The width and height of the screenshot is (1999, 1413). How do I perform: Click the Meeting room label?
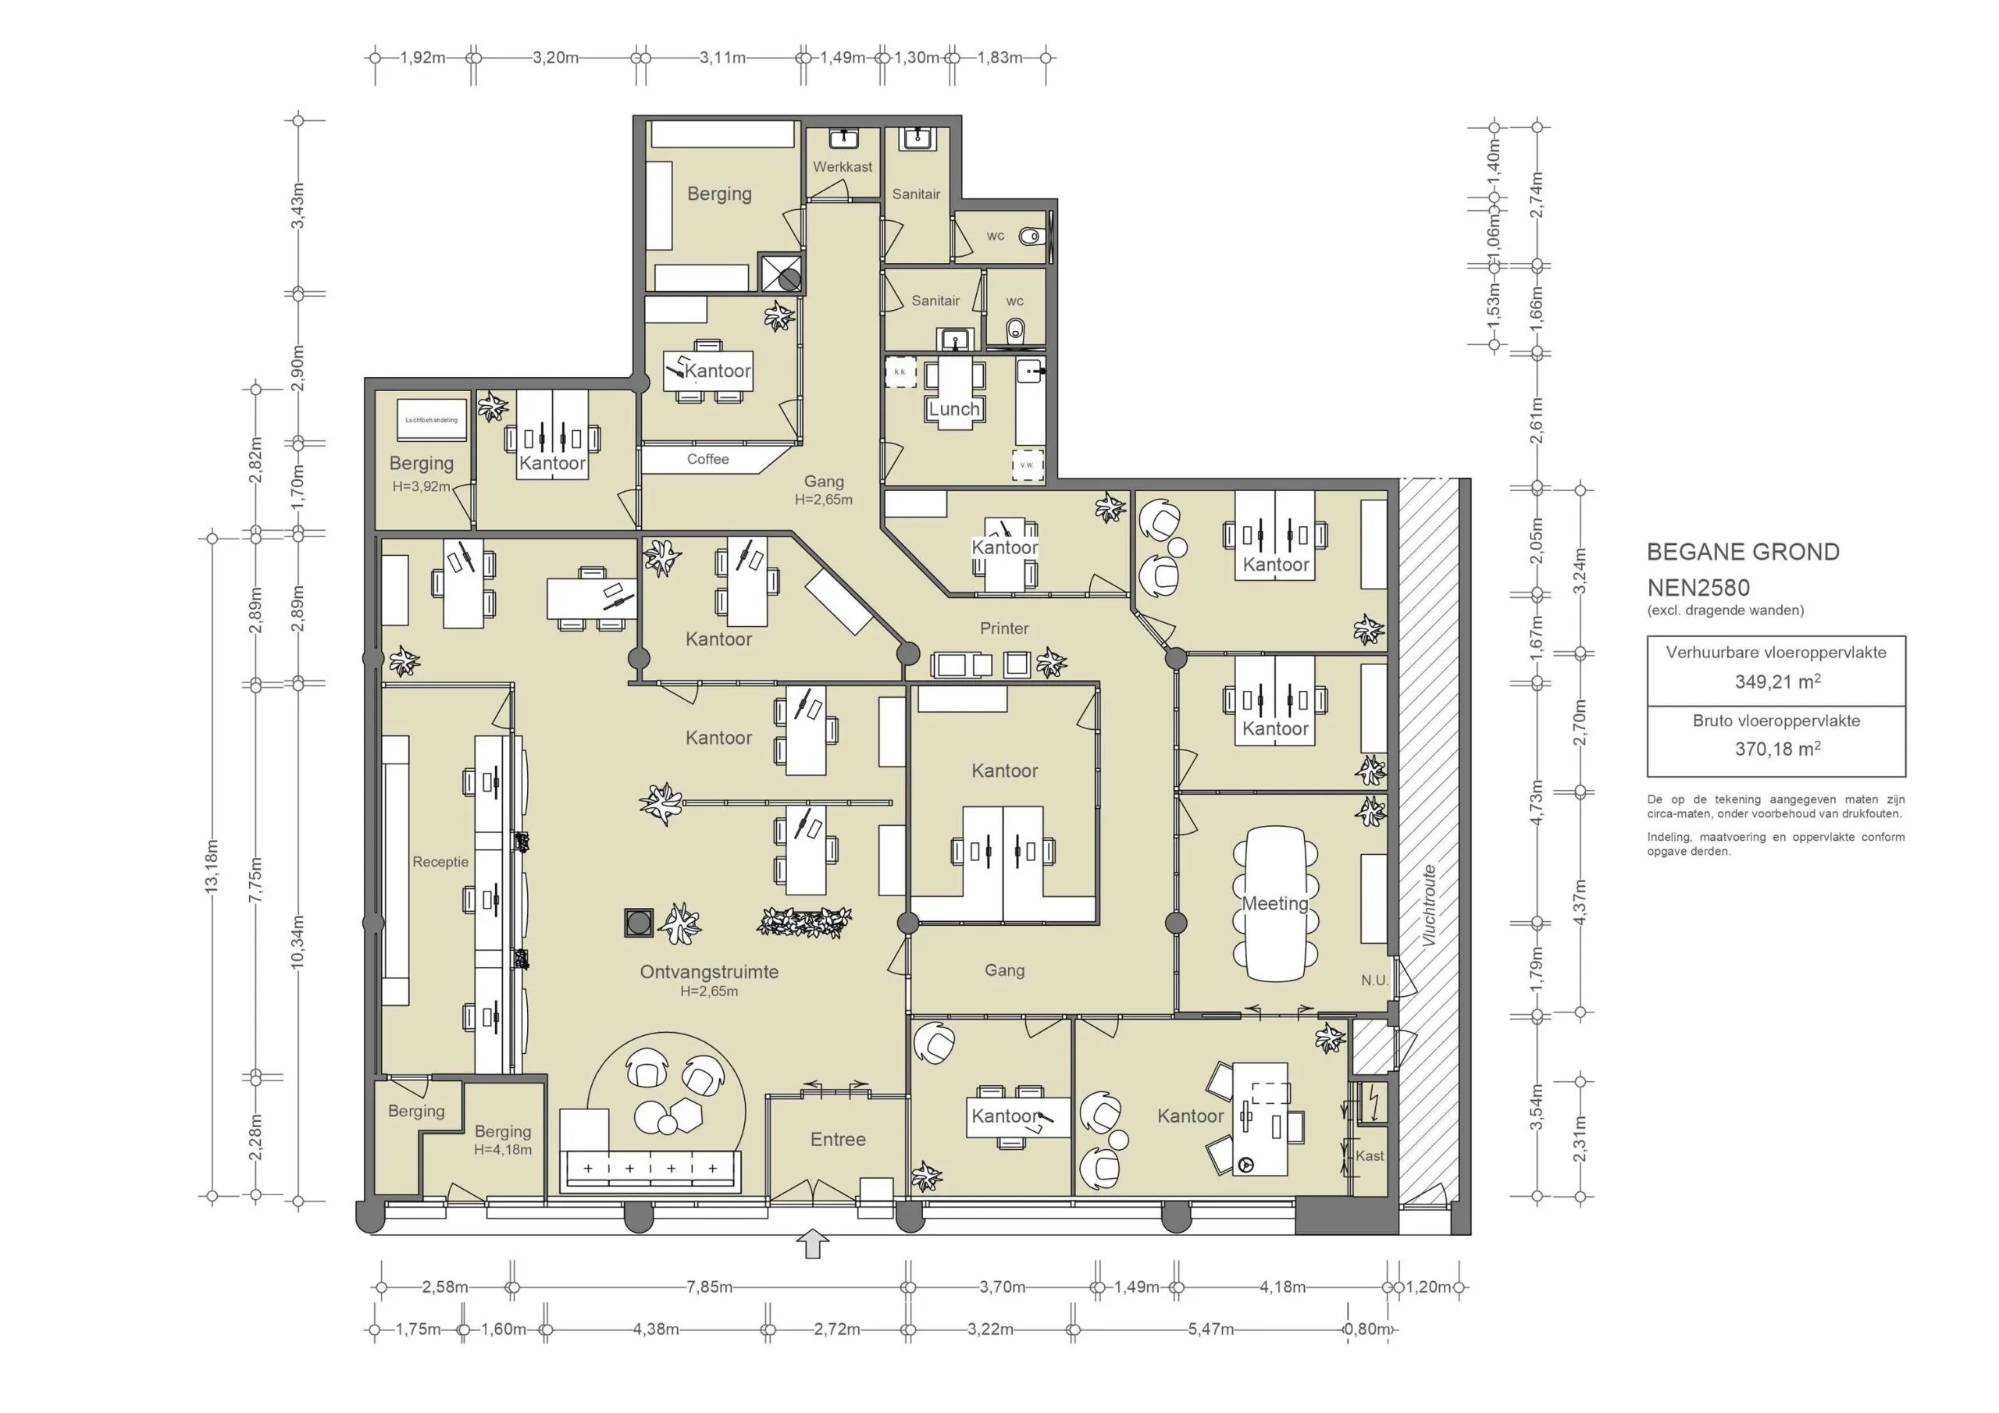pyautogui.click(x=1274, y=904)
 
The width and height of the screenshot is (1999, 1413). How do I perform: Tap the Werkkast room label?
pyautogui.click(x=842, y=166)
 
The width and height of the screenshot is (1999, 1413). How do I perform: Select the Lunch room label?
pyautogui.click(x=953, y=409)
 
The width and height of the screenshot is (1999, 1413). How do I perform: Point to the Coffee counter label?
pyautogui.click(x=707, y=459)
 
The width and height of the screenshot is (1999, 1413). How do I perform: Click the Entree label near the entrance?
pyautogui.click(x=838, y=1140)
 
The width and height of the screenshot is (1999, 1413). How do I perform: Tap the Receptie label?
pyautogui.click(x=440, y=862)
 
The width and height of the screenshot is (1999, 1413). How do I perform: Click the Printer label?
pyautogui.click(x=1004, y=628)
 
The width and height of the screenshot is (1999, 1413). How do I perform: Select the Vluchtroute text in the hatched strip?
pyautogui.click(x=1428, y=906)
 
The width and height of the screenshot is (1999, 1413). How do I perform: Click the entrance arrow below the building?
pyautogui.click(x=811, y=1244)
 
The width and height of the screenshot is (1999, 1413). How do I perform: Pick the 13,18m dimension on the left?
pyautogui.click(x=212, y=867)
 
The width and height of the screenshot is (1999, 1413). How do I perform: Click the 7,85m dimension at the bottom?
pyautogui.click(x=709, y=1287)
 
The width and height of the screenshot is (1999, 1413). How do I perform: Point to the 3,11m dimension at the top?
pyautogui.click(x=722, y=59)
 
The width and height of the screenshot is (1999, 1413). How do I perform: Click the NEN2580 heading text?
pyautogui.click(x=1698, y=588)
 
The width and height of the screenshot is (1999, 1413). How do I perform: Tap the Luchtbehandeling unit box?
pyautogui.click(x=431, y=421)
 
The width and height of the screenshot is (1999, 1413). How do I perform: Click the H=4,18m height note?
pyautogui.click(x=502, y=1149)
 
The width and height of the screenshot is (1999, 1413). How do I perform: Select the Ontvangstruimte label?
pyautogui.click(x=709, y=972)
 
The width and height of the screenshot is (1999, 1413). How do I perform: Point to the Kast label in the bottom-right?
pyautogui.click(x=1369, y=1156)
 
